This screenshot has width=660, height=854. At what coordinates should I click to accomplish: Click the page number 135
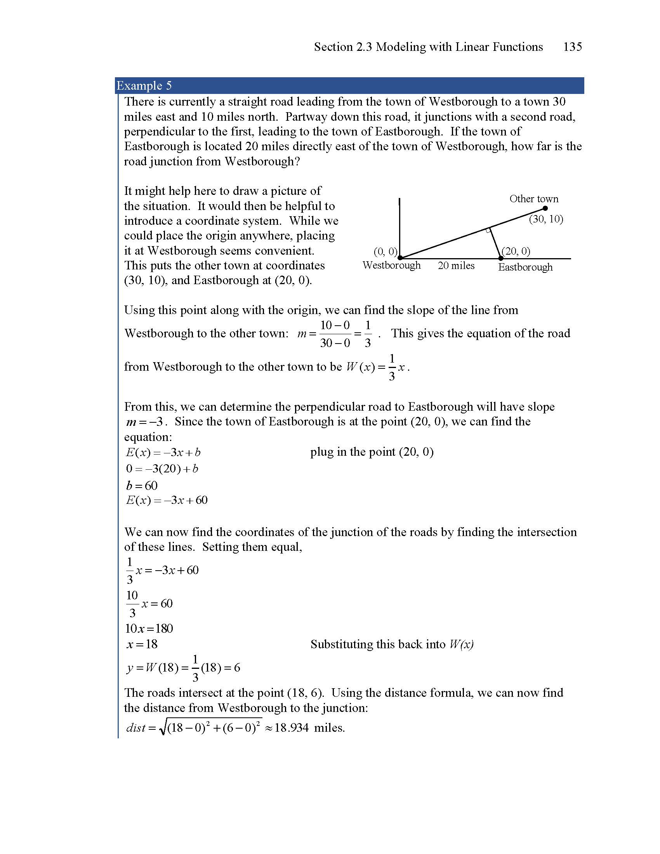[572, 47]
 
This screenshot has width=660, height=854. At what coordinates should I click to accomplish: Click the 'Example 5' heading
[144, 86]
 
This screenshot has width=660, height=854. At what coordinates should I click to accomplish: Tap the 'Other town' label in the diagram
[534, 199]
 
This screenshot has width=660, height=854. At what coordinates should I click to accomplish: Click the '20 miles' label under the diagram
[456, 266]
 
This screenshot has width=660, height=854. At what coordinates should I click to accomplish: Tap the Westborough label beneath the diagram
[391, 265]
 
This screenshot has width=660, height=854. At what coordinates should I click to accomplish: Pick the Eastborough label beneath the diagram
[525, 267]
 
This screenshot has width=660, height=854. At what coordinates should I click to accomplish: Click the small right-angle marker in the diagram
[488, 231]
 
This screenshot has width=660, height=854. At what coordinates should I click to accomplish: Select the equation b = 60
[142, 486]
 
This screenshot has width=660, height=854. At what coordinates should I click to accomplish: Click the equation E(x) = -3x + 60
[167, 500]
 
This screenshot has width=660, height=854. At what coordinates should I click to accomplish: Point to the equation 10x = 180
[149, 628]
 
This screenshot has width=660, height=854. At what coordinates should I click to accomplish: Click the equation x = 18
[142, 644]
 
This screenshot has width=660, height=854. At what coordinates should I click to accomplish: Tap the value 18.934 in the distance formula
[291, 728]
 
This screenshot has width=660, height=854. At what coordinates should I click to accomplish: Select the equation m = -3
[147, 422]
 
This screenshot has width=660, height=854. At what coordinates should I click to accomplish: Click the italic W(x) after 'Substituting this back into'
[462, 644]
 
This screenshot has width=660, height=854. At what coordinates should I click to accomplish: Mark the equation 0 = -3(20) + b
[162, 469]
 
